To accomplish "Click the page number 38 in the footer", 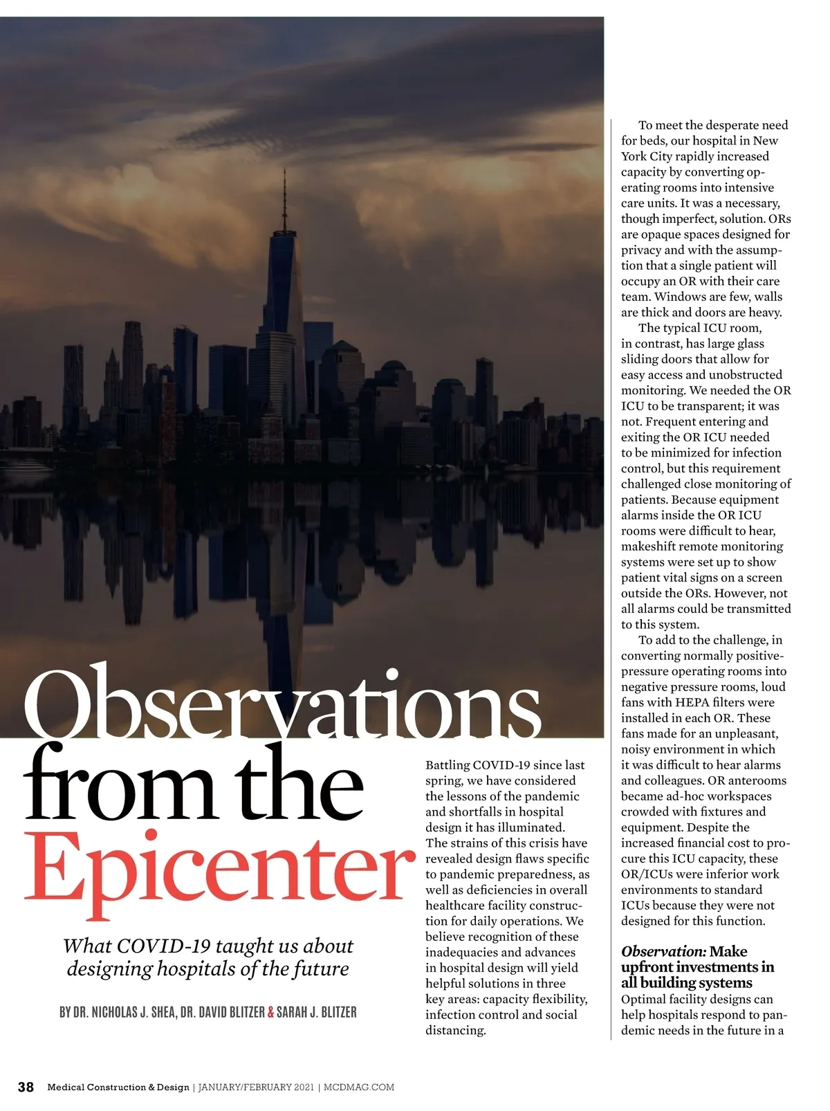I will click(26, 1087).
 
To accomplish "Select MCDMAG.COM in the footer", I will click(359, 1087).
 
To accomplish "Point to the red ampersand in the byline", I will click(270, 1012).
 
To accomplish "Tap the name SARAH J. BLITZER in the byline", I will click(316, 1012).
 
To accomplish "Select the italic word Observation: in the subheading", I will click(663, 952).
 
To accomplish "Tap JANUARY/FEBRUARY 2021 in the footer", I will click(255, 1087).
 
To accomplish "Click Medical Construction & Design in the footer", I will click(118, 1087).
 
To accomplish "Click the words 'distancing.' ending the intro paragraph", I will click(455, 1030).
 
